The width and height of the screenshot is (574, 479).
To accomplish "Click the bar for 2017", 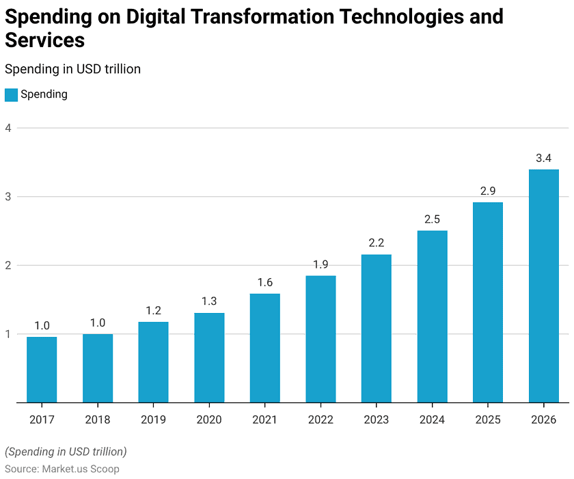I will pos(42,370).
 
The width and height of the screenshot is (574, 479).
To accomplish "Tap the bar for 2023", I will pos(377,329).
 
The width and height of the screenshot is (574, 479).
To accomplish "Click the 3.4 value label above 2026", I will pos(544,158).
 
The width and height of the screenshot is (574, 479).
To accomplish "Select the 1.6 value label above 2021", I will pos(265,282).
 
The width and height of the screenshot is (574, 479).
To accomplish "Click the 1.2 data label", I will pos(153,310).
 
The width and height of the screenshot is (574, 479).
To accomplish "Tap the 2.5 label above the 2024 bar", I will pos(433,219).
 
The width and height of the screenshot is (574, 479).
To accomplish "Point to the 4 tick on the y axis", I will pos(8,128).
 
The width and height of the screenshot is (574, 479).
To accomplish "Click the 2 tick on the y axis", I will pos(8,265).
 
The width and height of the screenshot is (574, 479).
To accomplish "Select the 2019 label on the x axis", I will pos(153,420).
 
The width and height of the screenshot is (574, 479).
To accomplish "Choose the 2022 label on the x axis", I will pos(320,420).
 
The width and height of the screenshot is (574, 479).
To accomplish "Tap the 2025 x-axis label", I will pos(488,420).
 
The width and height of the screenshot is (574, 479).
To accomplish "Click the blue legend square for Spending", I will pos(11,94).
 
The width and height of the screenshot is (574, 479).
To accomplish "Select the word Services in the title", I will pos(45,40).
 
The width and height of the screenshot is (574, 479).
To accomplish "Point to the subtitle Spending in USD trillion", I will pos(72,68).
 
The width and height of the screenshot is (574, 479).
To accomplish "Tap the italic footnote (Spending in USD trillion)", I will pos(66,452).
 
